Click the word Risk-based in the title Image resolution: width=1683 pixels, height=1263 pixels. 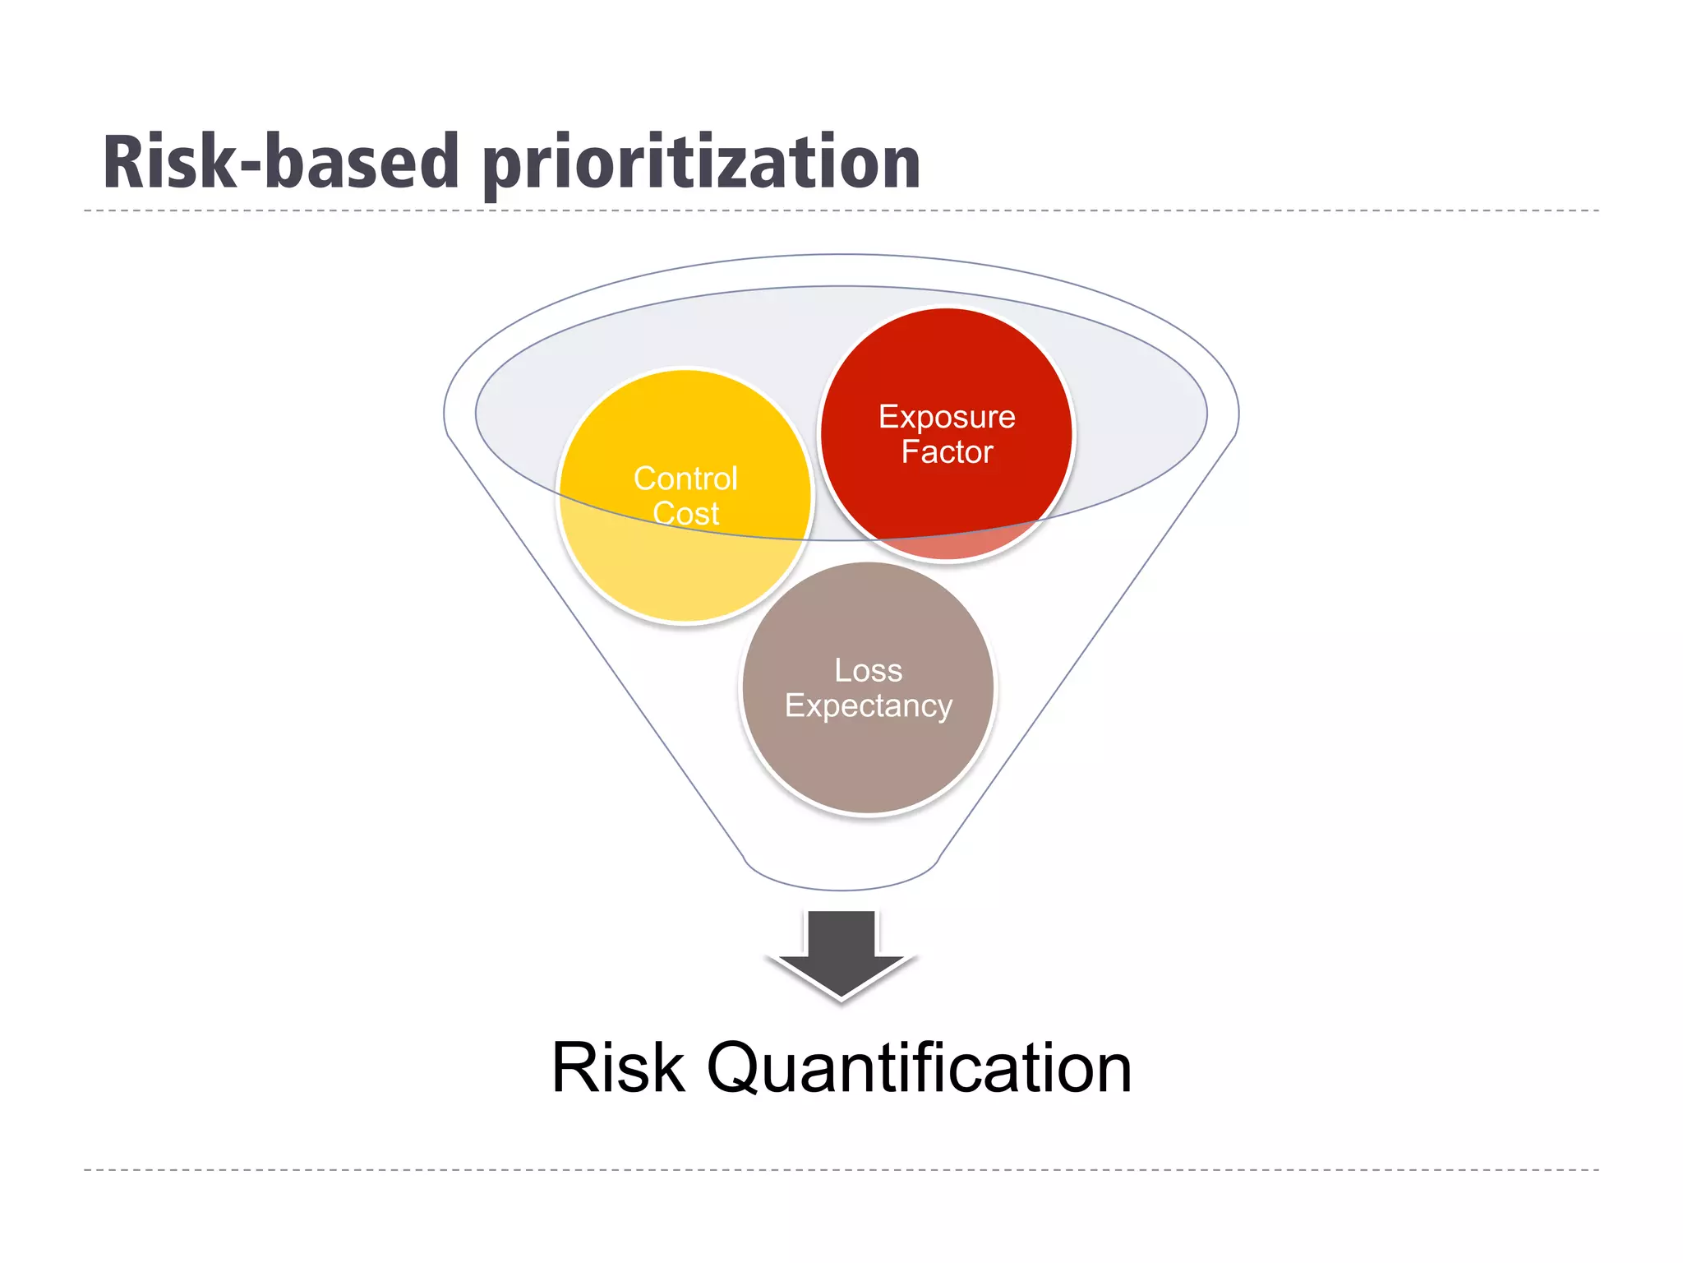pos(279,162)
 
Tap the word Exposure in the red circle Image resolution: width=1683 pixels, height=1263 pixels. pos(947,418)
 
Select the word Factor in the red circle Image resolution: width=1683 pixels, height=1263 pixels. pos(947,452)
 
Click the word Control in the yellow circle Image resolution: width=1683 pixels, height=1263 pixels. pos(685,479)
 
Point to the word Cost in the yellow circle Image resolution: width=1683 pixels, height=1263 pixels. pos(685,514)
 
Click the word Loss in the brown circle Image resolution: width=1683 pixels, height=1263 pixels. pos(868,670)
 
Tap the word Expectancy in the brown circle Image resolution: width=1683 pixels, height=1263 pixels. pos(868,706)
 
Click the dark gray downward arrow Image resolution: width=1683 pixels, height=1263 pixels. pos(841,954)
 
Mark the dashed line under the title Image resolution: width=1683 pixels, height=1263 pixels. pos(841,210)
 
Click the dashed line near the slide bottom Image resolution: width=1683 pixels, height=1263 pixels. pos(841,1168)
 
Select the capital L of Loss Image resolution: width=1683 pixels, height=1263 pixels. pos(842,670)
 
